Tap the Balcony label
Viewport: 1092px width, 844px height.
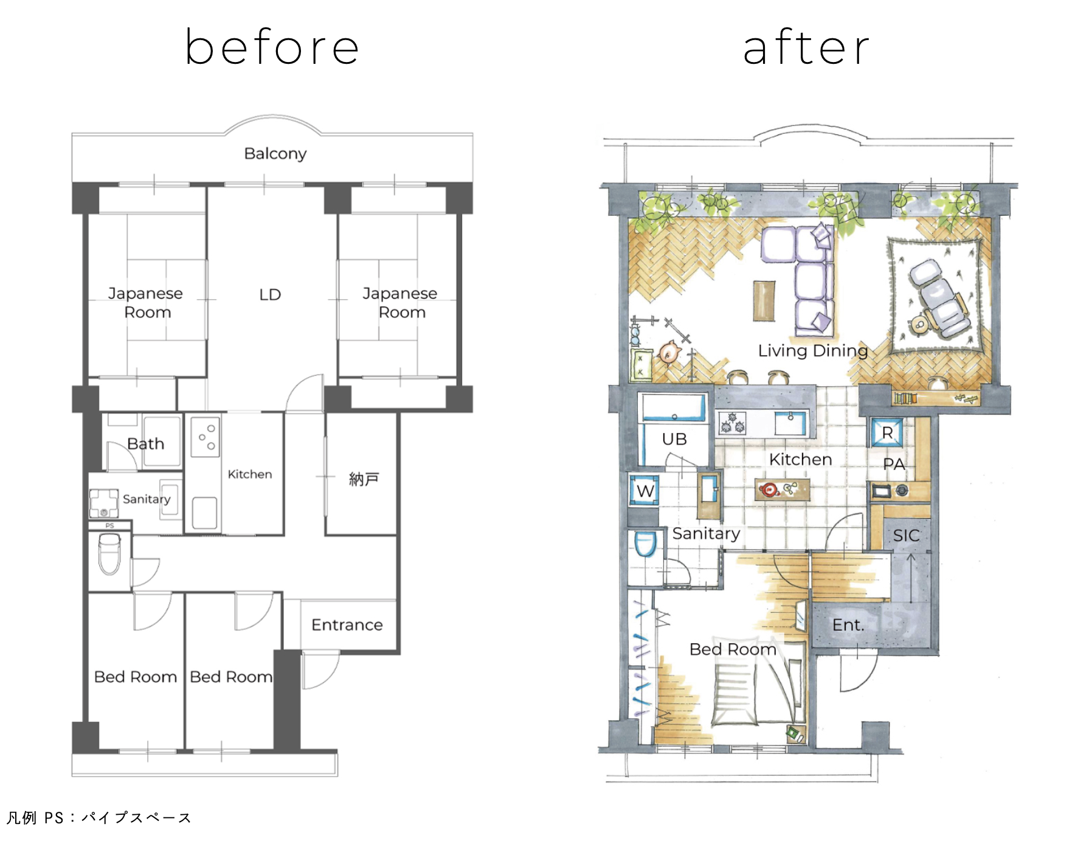(275, 153)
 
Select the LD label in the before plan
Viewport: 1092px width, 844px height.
(270, 295)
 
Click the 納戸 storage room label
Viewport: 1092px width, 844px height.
(364, 479)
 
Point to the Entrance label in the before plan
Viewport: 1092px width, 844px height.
(347, 625)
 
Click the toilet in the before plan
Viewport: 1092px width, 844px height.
(109, 553)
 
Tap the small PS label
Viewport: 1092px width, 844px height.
(109, 525)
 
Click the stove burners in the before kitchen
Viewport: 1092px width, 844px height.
(205, 437)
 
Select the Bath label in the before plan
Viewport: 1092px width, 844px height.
(146, 444)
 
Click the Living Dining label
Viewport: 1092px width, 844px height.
(813, 351)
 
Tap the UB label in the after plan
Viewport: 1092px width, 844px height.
(674, 439)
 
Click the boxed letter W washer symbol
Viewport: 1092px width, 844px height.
(644, 490)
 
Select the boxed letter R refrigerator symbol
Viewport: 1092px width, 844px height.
(887, 433)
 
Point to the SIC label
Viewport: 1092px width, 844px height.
(906, 536)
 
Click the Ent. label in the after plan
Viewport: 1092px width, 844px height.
(848, 625)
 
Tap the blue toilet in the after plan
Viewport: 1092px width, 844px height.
(645, 544)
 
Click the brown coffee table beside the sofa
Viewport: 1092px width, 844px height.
(764, 300)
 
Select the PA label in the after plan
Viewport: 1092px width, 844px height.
(894, 465)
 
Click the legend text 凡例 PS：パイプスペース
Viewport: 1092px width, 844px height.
(99, 818)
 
